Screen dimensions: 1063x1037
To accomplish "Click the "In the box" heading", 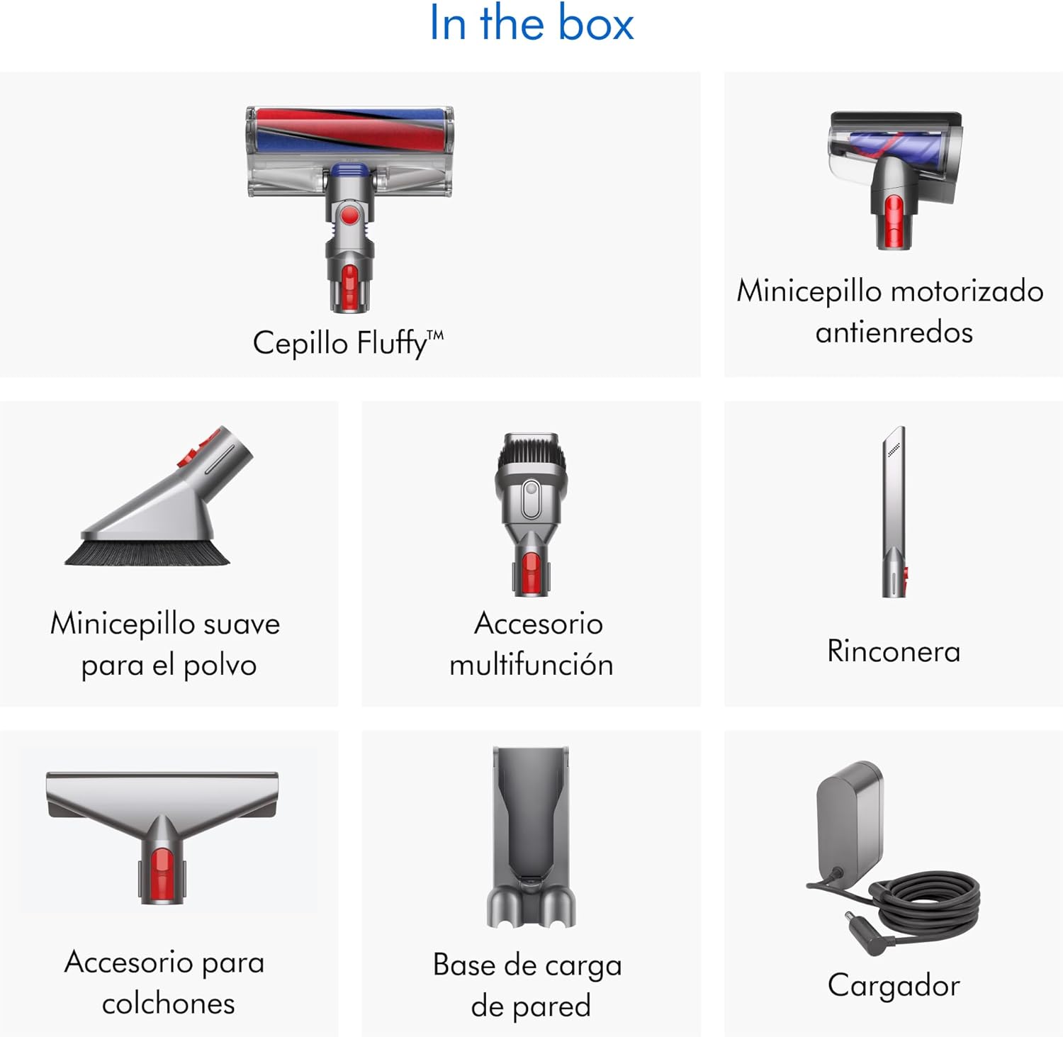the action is point(531,23).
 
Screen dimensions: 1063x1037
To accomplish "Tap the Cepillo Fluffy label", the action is point(348,344).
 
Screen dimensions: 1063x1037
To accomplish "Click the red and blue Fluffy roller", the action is point(350,130).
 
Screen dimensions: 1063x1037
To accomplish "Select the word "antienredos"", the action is point(894,332).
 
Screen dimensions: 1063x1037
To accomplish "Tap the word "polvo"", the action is point(220,666).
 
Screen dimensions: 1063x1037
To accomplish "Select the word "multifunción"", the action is point(531,665).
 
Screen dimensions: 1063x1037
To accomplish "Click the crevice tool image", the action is point(894,512).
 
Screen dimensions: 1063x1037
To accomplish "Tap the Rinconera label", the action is point(894,651).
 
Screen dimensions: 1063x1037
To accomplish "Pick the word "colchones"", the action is point(169,1003).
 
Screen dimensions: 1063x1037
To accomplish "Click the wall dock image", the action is point(531,836).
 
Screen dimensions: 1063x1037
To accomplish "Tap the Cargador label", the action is point(894,986).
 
